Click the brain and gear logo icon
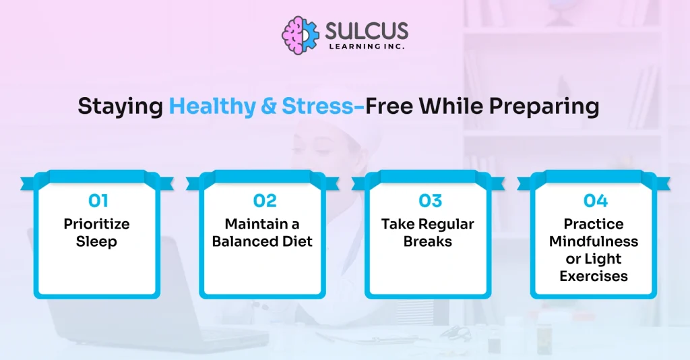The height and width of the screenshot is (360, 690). (x=301, y=36)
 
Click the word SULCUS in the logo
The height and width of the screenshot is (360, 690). (x=367, y=31)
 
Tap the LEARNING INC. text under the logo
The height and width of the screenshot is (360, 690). (x=367, y=47)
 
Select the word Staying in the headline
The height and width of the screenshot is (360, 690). (x=121, y=107)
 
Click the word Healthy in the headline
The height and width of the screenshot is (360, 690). (x=212, y=107)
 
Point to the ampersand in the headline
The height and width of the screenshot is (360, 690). (x=268, y=107)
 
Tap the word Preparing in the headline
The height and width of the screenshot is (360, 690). (x=544, y=107)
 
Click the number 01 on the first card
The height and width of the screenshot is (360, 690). (x=98, y=201)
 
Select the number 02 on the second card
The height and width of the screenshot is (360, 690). (x=265, y=201)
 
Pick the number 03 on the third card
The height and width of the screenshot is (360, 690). (x=430, y=201)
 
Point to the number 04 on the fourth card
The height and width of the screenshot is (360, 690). (x=596, y=201)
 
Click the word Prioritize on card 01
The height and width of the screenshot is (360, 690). (x=97, y=224)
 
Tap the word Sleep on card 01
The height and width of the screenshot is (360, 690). (x=97, y=241)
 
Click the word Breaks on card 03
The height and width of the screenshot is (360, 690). (x=428, y=241)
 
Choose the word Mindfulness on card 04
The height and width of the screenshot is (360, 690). (x=594, y=241)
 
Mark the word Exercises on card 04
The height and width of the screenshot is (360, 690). (x=594, y=276)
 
